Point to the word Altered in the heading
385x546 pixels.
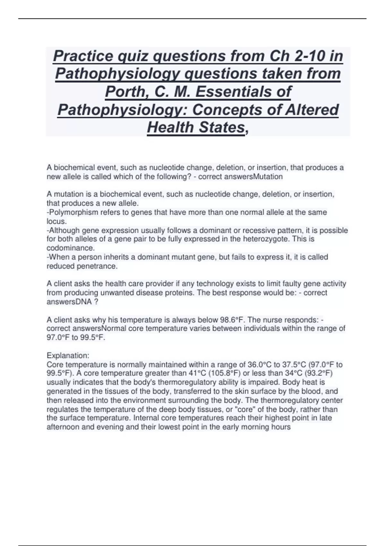point(313,110)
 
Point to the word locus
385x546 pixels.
point(56,221)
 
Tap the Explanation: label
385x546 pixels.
point(68,356)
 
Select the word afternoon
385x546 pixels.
point(63,427)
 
